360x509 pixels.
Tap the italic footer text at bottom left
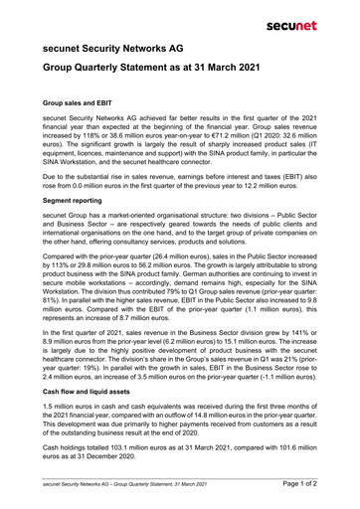point(124,483)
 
